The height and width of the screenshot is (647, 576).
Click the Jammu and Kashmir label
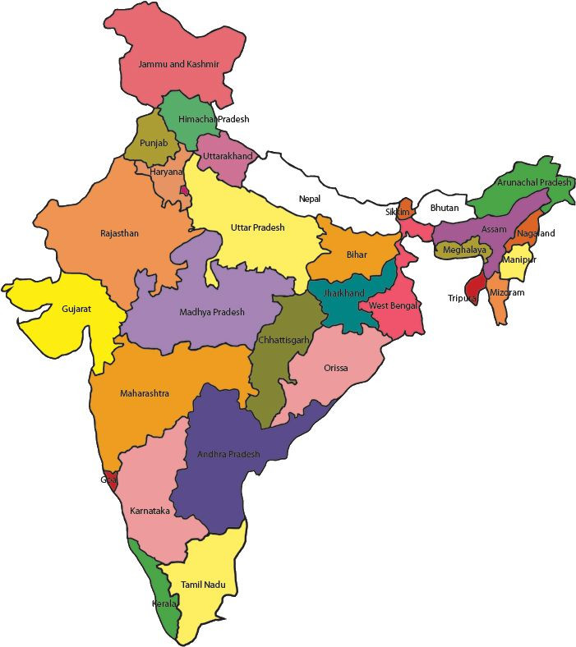pyautogui.click(x=178, y=64)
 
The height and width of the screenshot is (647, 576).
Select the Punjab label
pyautogui.click(x=154, y=143)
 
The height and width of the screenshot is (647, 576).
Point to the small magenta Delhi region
pyautogui.click(x=184, y=191)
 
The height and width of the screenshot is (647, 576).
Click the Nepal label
pyautogui.click(x=310, y=199)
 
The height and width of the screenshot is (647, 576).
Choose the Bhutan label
pyautogui.click(x=445, y=208)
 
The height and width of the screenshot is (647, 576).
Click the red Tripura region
pyautogui.click(x=471, y=287)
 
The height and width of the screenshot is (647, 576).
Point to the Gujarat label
pyautogui.click(x=76, y=310)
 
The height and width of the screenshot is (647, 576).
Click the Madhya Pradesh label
pyautogui.click(x=212, y=312)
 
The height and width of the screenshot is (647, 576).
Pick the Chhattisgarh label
pyautogui.click(x=283, y=339)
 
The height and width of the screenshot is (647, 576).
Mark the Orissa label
pyautogui.click(x=335, y=368)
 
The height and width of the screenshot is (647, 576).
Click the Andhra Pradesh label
pyautogui.click(x=228, y=454)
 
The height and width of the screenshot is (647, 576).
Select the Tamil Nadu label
pyautogui.click(x=203, y=585)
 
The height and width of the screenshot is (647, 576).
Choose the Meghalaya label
pyautogui.click(x=464, y=250)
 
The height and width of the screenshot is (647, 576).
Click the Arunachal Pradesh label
pyautogui.click(x=533, y=182)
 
